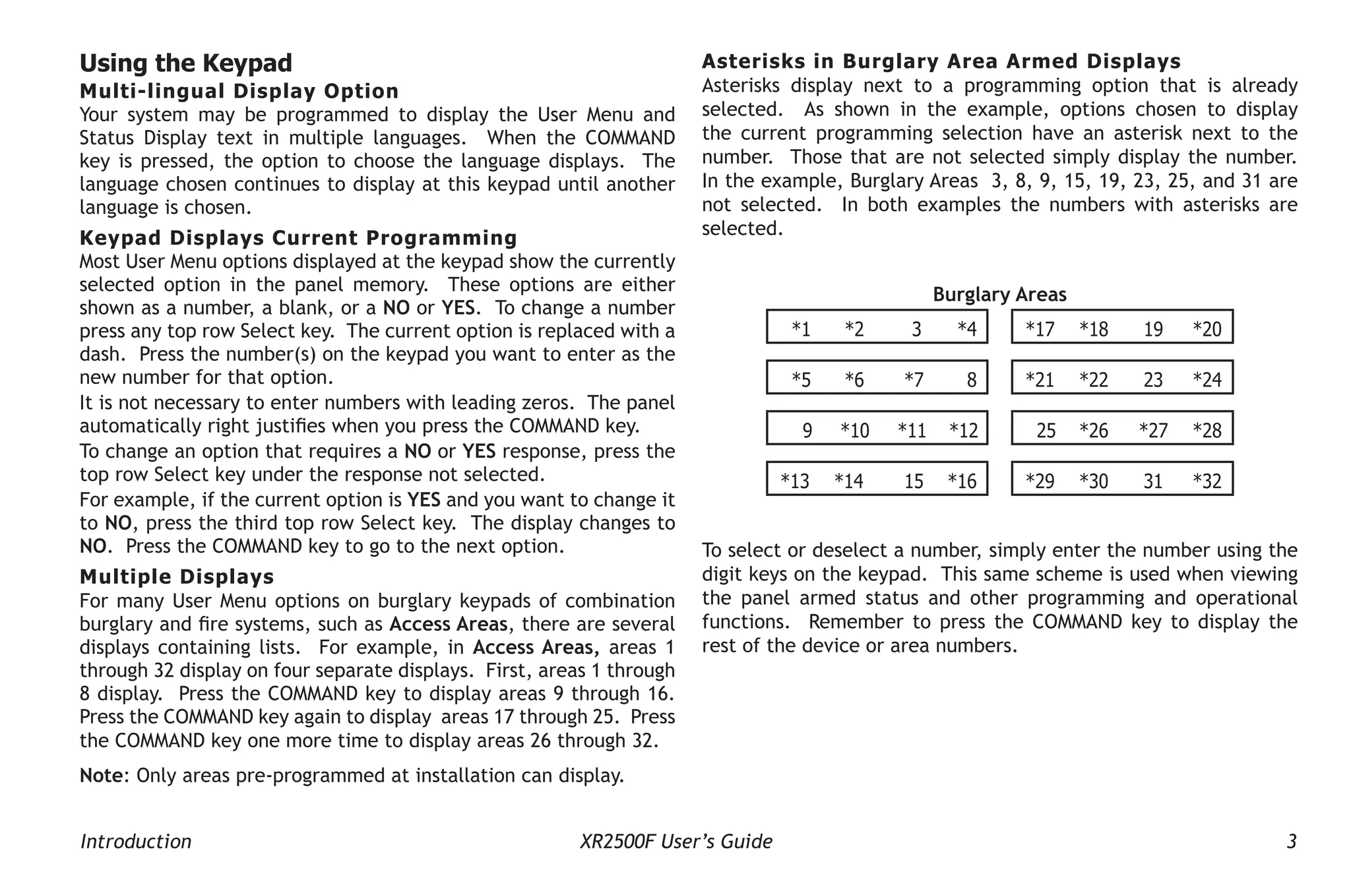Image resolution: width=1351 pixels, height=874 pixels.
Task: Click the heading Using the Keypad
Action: point(185,63)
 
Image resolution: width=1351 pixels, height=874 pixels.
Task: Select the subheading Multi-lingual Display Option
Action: point(239,91)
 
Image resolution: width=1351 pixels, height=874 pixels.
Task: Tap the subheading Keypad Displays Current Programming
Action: point(298,237)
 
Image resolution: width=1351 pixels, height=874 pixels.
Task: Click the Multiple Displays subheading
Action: point(177,577)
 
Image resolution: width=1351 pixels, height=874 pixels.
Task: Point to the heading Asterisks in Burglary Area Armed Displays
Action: point(941,61)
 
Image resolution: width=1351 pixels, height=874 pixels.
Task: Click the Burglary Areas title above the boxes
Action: point(999,294)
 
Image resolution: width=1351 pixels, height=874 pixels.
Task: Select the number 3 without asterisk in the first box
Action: point(916,328)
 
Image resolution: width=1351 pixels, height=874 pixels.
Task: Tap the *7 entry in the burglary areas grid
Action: point(914,379)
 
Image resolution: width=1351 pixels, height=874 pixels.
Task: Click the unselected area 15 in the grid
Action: point(914,481)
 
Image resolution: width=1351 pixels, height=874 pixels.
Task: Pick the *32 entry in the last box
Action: point(1207,481)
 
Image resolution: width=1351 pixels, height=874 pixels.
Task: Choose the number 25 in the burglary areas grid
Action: point(1046,430)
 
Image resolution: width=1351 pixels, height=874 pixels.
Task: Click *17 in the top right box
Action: point(1040,328)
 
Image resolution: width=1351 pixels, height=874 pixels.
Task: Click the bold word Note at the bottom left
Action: point(101,775)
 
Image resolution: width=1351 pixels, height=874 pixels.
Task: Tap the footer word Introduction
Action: point(136,841)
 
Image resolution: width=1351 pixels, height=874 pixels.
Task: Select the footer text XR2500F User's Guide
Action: point(675,841)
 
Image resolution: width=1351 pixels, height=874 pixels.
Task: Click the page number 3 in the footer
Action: point(1291,841)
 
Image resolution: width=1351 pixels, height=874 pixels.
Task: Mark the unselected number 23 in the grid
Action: point(1152,379)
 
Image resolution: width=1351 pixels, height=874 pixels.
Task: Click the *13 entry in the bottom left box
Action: point(794,481)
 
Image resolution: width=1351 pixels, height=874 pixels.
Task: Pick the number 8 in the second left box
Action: point(971,379)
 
